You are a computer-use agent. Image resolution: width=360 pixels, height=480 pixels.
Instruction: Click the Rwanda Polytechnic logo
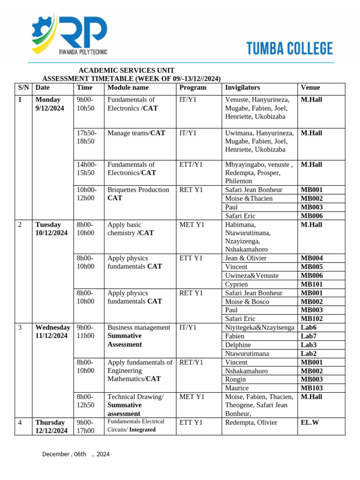click(x=69, y=33)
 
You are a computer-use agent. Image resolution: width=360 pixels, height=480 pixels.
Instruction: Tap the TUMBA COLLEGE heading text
click(x=289, y=49)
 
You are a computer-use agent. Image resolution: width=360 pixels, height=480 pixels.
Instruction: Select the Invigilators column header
click(x=242, y=88)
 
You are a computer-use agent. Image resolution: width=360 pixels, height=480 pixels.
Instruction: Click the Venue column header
click(x=310, y=88)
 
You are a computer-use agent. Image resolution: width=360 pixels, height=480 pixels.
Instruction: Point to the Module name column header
click(x=128, y=88)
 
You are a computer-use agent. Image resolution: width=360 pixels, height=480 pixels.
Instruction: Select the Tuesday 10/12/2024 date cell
click(x=51, y=229)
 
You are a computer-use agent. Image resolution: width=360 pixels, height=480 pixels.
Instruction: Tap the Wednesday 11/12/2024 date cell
click(x=52, y=331)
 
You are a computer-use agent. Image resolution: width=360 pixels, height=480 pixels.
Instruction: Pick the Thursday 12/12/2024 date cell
click(x=51, y=426)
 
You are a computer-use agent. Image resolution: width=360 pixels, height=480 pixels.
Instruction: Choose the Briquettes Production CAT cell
click(x=138, y=194)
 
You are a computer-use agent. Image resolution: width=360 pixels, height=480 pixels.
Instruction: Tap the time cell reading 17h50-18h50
click(x=87, y=137)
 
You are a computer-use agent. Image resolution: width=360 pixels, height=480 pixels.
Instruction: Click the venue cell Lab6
click(x=308, y=328)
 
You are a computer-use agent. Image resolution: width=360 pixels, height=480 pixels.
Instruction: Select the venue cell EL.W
click(x=309, y=422)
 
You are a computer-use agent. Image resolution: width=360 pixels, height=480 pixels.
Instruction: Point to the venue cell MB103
click(x=312, y=388)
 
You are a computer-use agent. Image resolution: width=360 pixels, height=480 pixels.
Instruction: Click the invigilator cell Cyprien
click(x=237, y=284)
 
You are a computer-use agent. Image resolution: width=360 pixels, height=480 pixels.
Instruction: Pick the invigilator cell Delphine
click(x=238, y=345)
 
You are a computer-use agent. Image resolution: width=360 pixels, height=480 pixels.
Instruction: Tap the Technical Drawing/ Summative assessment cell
click(x=136, y=405)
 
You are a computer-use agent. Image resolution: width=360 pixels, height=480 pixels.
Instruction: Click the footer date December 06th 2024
click(x=76, y=454)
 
